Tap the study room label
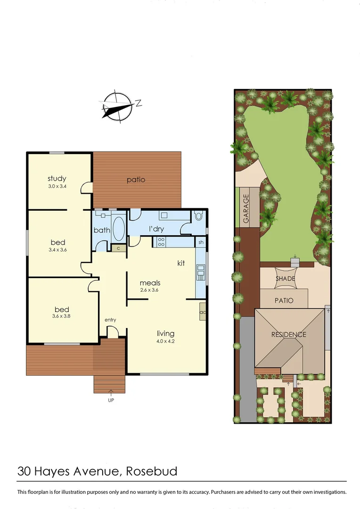(x=57, y=179)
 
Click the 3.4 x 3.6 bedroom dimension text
(x=57, y=250)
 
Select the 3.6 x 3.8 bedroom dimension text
(x=61, y=316)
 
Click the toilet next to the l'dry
(x=198, y=216)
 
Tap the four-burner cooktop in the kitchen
(x=161, y=242)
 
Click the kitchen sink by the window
(x=201, y=272)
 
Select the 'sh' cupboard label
(x=201, y=242)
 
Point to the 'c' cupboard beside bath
(x=118, y=247)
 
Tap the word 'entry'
(x=110, y=320)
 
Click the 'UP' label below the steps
(x=111, y=400)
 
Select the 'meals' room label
(x=150, y=283)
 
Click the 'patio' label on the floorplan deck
(x=136, y=180)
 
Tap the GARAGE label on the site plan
(x=245, y=209)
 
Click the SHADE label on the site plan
(x=285, y=279)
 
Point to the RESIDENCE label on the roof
(x=288, y=335)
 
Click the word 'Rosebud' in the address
(x=151, y=471)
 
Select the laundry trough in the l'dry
(x=164, y=215)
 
